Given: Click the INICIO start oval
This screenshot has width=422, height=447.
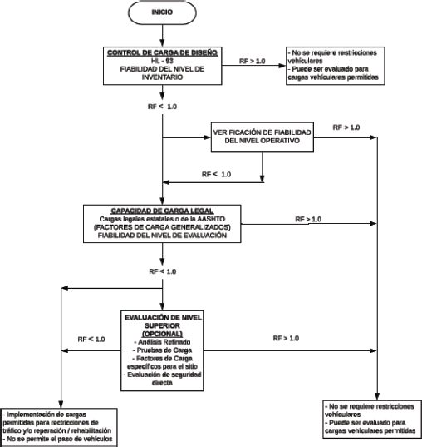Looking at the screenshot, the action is pos(162,12).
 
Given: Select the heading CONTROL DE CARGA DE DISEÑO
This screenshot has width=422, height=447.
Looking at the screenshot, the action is pos(162,52).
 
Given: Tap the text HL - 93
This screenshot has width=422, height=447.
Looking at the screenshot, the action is pos(162,61).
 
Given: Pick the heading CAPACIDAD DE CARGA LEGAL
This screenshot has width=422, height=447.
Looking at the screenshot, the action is pos(162,211).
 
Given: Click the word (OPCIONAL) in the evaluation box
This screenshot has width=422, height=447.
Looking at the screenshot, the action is pos(162,334).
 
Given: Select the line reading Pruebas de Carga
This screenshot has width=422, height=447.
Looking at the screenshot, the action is pos(162,350).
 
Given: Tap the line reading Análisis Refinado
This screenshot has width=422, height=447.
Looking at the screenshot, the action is pos(162,342).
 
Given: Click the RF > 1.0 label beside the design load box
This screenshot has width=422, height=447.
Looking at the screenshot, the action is pos(252,61).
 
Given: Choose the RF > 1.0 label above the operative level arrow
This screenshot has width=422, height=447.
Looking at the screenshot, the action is pos(346,127).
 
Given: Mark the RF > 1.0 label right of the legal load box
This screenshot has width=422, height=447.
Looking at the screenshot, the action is pos(308,219).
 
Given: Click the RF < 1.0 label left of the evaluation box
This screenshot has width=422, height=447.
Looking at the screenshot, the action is pos(91,340).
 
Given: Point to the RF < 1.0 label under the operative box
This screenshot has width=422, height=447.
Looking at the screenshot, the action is pos(216,174).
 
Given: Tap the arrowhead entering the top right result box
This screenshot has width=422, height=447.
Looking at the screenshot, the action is pos(282,66).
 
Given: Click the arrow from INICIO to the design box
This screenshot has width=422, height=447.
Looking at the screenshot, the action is pos(162,35).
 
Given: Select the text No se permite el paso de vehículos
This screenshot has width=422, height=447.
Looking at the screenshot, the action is pos(59,439).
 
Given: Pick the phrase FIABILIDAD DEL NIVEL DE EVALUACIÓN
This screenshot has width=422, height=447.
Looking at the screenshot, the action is pos(162,236).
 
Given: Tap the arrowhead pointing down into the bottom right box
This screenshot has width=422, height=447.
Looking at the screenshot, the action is pos(377,396).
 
